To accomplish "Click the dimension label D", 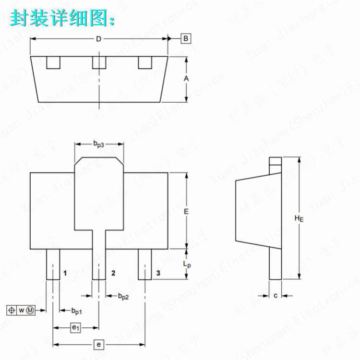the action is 98,39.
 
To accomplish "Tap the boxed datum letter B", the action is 185,38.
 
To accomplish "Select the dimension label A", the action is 186,78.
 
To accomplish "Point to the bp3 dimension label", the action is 98,143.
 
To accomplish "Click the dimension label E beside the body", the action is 186,211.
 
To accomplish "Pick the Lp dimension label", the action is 187,264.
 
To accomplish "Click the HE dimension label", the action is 299,218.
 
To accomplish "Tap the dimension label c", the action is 275,296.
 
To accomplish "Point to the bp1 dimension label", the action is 76,312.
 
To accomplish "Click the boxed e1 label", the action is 75,328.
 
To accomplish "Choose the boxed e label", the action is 98,345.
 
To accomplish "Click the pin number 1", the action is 65,273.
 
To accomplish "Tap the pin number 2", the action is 113,273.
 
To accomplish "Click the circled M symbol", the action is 30,310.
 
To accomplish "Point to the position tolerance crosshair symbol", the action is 12,310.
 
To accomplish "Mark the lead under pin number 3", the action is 144,264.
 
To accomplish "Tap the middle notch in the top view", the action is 98,63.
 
